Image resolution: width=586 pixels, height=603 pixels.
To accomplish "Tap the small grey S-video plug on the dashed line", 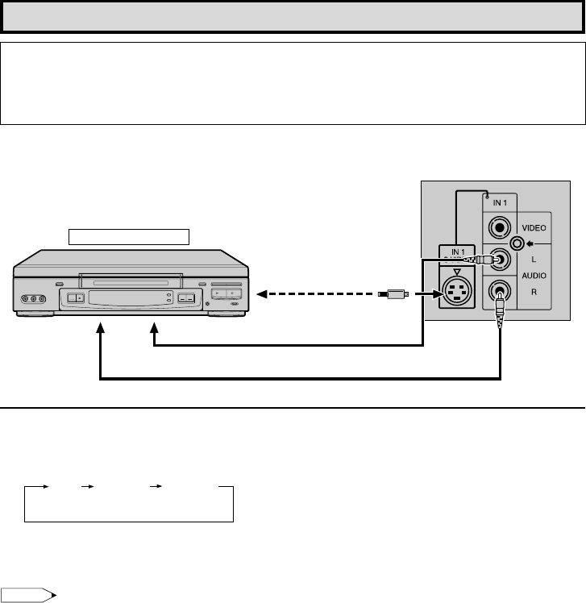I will click(x=397, y=295).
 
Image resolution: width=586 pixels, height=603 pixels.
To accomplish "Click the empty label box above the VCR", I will click(x=128, y=235).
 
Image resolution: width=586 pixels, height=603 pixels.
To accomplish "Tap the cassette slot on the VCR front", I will click(x=130, y=282).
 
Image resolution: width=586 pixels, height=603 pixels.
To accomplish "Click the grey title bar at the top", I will click(x=293, y=16).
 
